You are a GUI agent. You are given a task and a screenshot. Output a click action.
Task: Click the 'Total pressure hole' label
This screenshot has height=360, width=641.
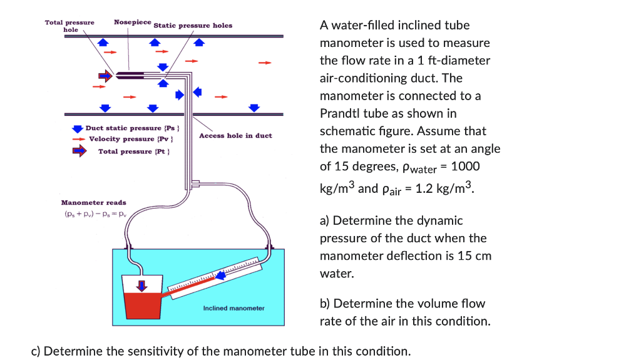(x=69, y=26)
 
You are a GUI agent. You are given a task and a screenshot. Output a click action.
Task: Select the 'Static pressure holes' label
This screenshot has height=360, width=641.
(x=193, y=26)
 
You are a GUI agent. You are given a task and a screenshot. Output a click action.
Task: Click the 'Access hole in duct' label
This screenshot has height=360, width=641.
(x=235, y=136)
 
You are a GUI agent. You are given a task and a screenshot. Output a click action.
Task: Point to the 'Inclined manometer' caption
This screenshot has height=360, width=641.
(x=233, y=308)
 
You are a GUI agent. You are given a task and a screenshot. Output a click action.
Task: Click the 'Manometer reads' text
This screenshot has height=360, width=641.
(x=93, y=202)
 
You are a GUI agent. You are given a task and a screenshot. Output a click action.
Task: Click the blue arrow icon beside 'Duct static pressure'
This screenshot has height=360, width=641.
(x=78, y=128)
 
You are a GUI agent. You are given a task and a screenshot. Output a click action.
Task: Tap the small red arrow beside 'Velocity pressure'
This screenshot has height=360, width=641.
(x=78, y=139)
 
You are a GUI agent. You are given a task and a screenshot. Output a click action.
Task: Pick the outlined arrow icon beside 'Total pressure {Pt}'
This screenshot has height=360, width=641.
(x=79, y=151)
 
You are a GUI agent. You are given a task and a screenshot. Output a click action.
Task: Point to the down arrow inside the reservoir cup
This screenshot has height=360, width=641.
(x=143, y=285)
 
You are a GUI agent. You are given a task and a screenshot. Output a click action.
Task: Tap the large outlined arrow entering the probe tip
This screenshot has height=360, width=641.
(x=105, y=76)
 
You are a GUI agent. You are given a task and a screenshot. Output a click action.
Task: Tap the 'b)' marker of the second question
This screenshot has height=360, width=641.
(x=325, y=304)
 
